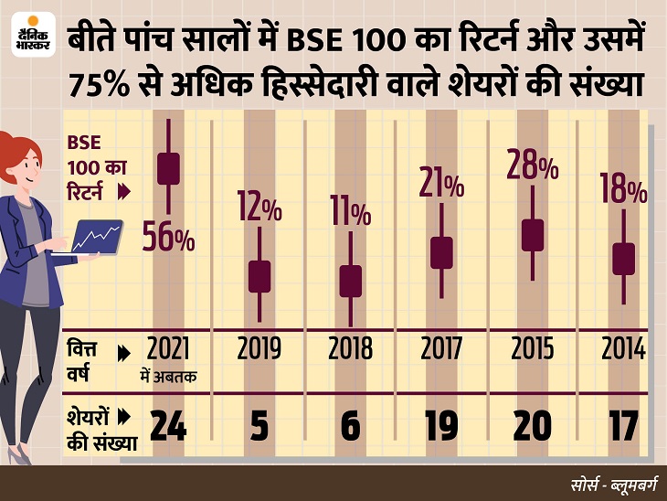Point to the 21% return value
tap(441, 183)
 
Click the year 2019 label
tap(259, 348)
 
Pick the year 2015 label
tap(533, 348)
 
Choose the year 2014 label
tap(624, 348)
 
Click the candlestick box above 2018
tap(351, 282)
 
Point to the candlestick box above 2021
tap(168, 168)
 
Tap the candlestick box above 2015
tap(533, 235)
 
